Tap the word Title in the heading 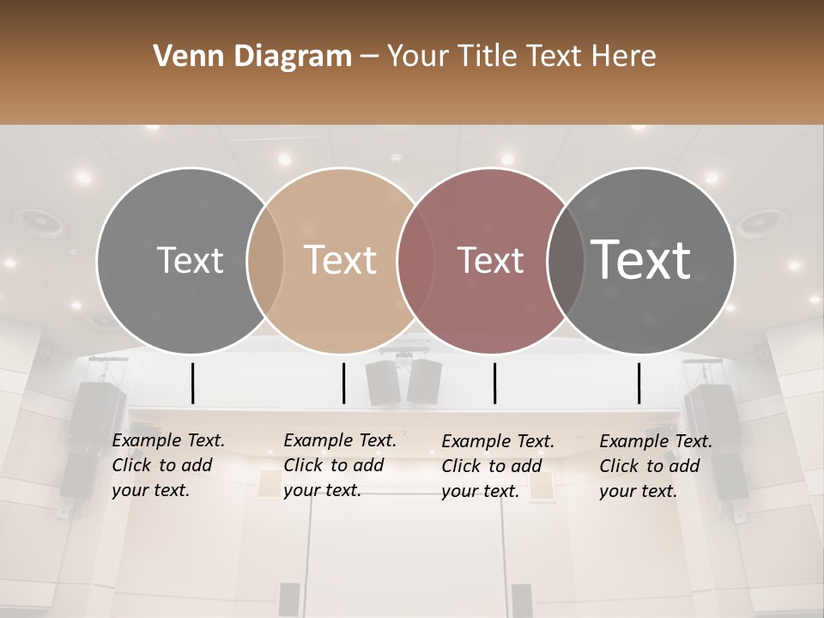[487, 57]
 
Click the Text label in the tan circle [341, 260]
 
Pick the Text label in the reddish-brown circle [490, 260]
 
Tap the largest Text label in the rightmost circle [641, 259]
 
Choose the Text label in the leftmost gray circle [190, 260]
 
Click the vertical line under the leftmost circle [192, 383]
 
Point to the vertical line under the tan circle [343, 383]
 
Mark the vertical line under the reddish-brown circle [494, 383]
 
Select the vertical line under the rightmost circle [639, 383]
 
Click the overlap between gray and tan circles [265, 260]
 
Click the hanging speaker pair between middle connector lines [403, 382]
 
